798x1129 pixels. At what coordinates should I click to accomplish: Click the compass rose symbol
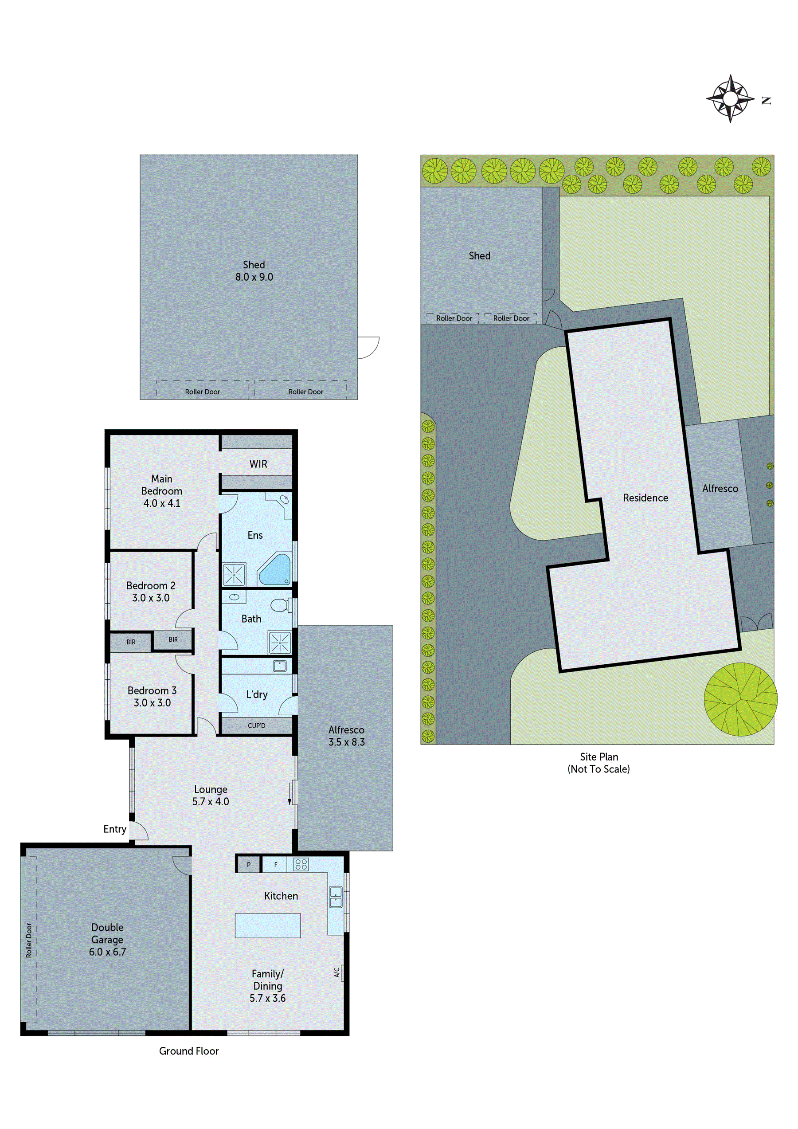(730, 99)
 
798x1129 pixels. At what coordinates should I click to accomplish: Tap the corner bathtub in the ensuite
(275, 569)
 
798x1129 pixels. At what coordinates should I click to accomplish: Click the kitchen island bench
(267, 926)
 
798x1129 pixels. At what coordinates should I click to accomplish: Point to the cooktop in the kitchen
(301, 864)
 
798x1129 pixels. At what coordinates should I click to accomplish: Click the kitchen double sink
(335, 897)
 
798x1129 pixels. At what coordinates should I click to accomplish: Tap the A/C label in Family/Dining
(337, 972)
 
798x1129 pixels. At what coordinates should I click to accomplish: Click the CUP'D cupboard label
(256, 726)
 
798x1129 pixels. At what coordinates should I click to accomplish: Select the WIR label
(258, 464)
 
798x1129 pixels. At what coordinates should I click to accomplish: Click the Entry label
(114, 829)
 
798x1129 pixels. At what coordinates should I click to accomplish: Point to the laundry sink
(280, 666)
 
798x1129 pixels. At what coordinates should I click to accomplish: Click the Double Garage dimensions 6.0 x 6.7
(107, 952)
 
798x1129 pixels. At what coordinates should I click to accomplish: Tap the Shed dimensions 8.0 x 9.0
(254, 277)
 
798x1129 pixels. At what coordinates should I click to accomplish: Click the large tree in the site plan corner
(740, 699)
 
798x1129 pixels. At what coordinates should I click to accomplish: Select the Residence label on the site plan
(645, 498)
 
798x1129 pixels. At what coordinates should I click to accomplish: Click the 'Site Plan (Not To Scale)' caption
(598, 763)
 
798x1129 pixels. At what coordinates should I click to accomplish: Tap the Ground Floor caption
(189, 1051)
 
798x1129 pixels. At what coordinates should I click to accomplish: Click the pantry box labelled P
(248, 864)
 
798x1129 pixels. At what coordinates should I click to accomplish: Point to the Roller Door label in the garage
(29, 940)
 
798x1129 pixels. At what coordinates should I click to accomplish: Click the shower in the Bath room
(279, 642)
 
